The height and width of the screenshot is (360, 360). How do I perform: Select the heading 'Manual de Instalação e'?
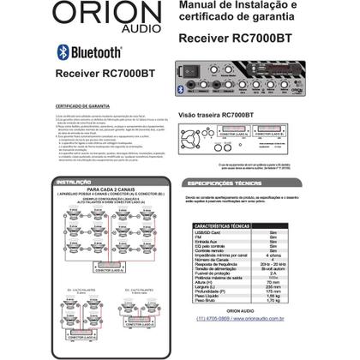245,7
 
